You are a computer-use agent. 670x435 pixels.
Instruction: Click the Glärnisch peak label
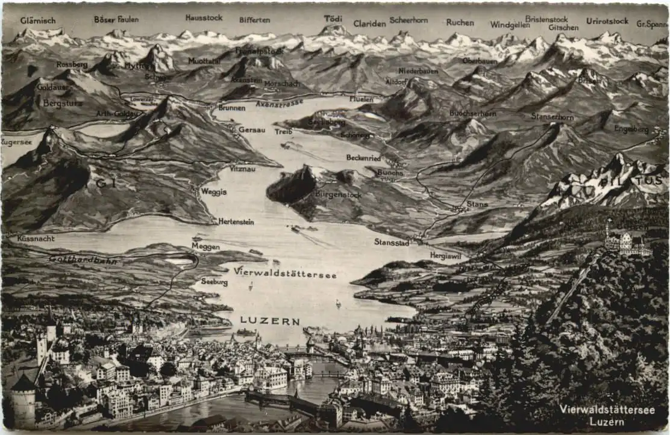coord(37,20)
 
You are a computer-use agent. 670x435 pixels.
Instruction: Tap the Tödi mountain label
coord(333,19)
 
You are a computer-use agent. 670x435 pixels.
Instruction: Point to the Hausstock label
coord(204,18)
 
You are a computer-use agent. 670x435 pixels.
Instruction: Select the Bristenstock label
coord(546,19)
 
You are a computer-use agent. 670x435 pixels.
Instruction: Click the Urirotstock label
coord(607,20)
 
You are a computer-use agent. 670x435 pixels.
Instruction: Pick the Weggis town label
coord(214,192)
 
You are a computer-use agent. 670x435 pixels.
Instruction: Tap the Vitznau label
coord(242,169)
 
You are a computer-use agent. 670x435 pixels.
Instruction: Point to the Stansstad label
coord(392,242)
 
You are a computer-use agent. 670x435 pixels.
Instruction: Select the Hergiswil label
coord(445,255)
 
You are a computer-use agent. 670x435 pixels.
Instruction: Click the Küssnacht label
coord(36,238)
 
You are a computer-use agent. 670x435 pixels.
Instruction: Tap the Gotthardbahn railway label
coord(83,260)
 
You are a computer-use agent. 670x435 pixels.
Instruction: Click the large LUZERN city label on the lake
coord(269,321)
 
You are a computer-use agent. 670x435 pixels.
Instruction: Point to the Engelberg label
coord(631,129)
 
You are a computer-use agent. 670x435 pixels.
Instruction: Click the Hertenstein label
coord(236,221)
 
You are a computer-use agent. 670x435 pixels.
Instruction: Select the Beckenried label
coord(363,158)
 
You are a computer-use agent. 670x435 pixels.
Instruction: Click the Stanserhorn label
coord(552,116)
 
